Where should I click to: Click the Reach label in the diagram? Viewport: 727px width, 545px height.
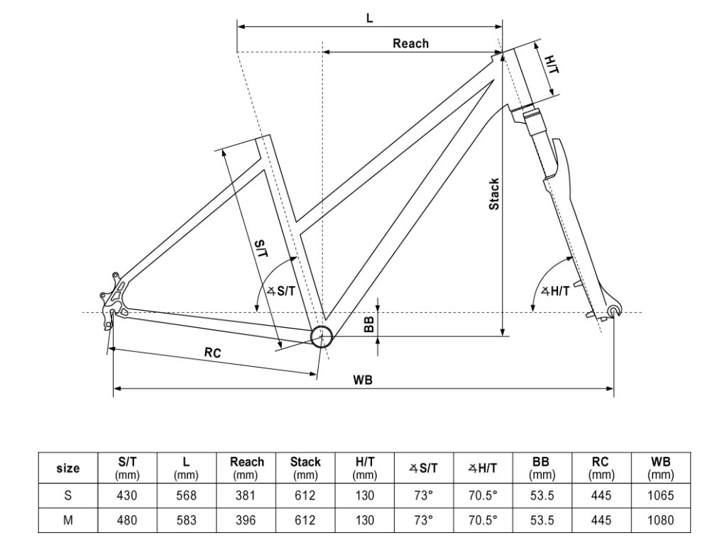click(x=410, y=43)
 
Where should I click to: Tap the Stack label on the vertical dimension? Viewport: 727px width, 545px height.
click(x=494, y=194)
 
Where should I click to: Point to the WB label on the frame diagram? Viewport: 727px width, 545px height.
click(x=363, y=380)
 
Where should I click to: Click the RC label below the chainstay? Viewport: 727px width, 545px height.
click(x=212, y=353)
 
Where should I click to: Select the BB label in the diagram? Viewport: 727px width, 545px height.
click(x=369, y=324)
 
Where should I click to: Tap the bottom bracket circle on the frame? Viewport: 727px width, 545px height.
click(x=321, y=336)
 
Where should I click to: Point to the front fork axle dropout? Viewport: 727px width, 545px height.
click(x=614, y=311)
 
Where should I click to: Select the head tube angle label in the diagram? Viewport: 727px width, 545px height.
click(x=555, y=290)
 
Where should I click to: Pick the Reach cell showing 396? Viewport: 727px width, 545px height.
click(x=246, y=520)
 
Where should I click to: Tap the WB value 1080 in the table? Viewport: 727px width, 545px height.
click(x=661, y=520)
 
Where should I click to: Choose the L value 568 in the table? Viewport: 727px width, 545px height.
click(x=187, y=495)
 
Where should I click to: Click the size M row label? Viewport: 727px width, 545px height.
click(x=68, y=520)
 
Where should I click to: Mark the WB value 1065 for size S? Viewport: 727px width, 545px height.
click(x=661, y=495)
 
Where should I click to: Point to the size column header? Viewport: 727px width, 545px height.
click(x=68, y=468)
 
